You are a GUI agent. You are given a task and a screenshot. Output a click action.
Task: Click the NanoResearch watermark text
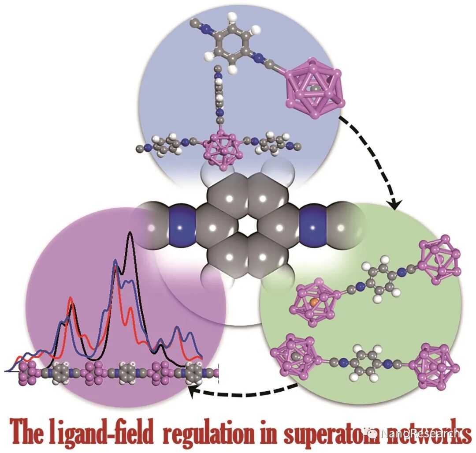[419, 433]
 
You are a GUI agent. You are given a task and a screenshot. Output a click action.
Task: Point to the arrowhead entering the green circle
[395, 204]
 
